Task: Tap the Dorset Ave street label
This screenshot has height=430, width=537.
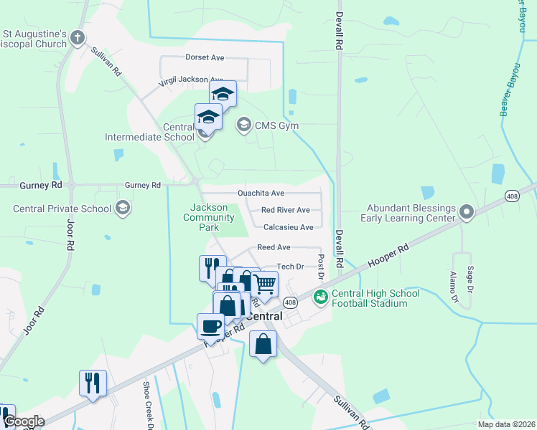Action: (x=205, y=57)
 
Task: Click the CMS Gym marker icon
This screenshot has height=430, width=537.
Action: (x=243, y=125)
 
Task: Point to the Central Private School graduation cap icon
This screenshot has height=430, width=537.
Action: (x=123, y=209)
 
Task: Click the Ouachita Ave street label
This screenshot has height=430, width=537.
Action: (x=261, y=193)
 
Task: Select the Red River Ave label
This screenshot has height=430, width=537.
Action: (x=285, y=211)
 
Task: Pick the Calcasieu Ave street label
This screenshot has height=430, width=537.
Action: (x=288, y=227)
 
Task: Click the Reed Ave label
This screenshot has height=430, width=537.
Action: (x=273, y=247)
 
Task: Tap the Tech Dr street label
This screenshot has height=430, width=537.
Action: (x=291, y=267)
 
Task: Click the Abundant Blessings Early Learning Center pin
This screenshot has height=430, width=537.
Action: (x=467, y=213)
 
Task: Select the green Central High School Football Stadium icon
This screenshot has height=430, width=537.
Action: (x=320, y=295)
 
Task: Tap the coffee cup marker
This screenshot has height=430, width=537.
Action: (x=211, y=326)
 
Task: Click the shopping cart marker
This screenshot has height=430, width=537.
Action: (x=264, y=283)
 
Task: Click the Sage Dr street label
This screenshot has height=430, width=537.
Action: (x=471, y=279)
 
